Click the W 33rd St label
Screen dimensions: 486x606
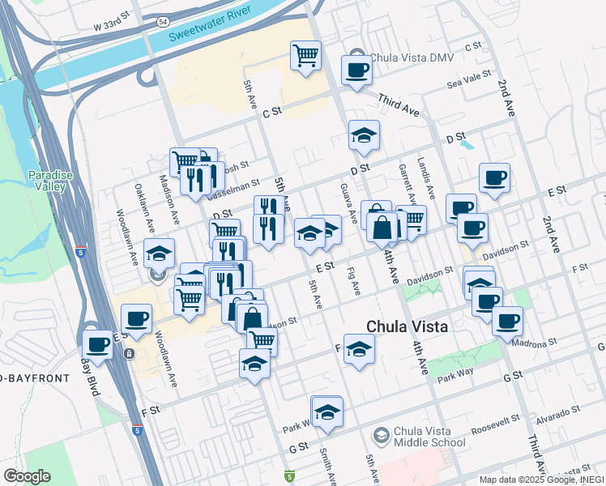pyautogui.click(x=111, y=26)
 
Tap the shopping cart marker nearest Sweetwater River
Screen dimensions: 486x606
pyautogui.click(x=305, y=56)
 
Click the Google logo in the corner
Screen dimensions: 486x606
pyautogui.click(x=27, y=476)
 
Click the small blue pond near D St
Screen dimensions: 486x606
pyautogui.click(x=467, y=147)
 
